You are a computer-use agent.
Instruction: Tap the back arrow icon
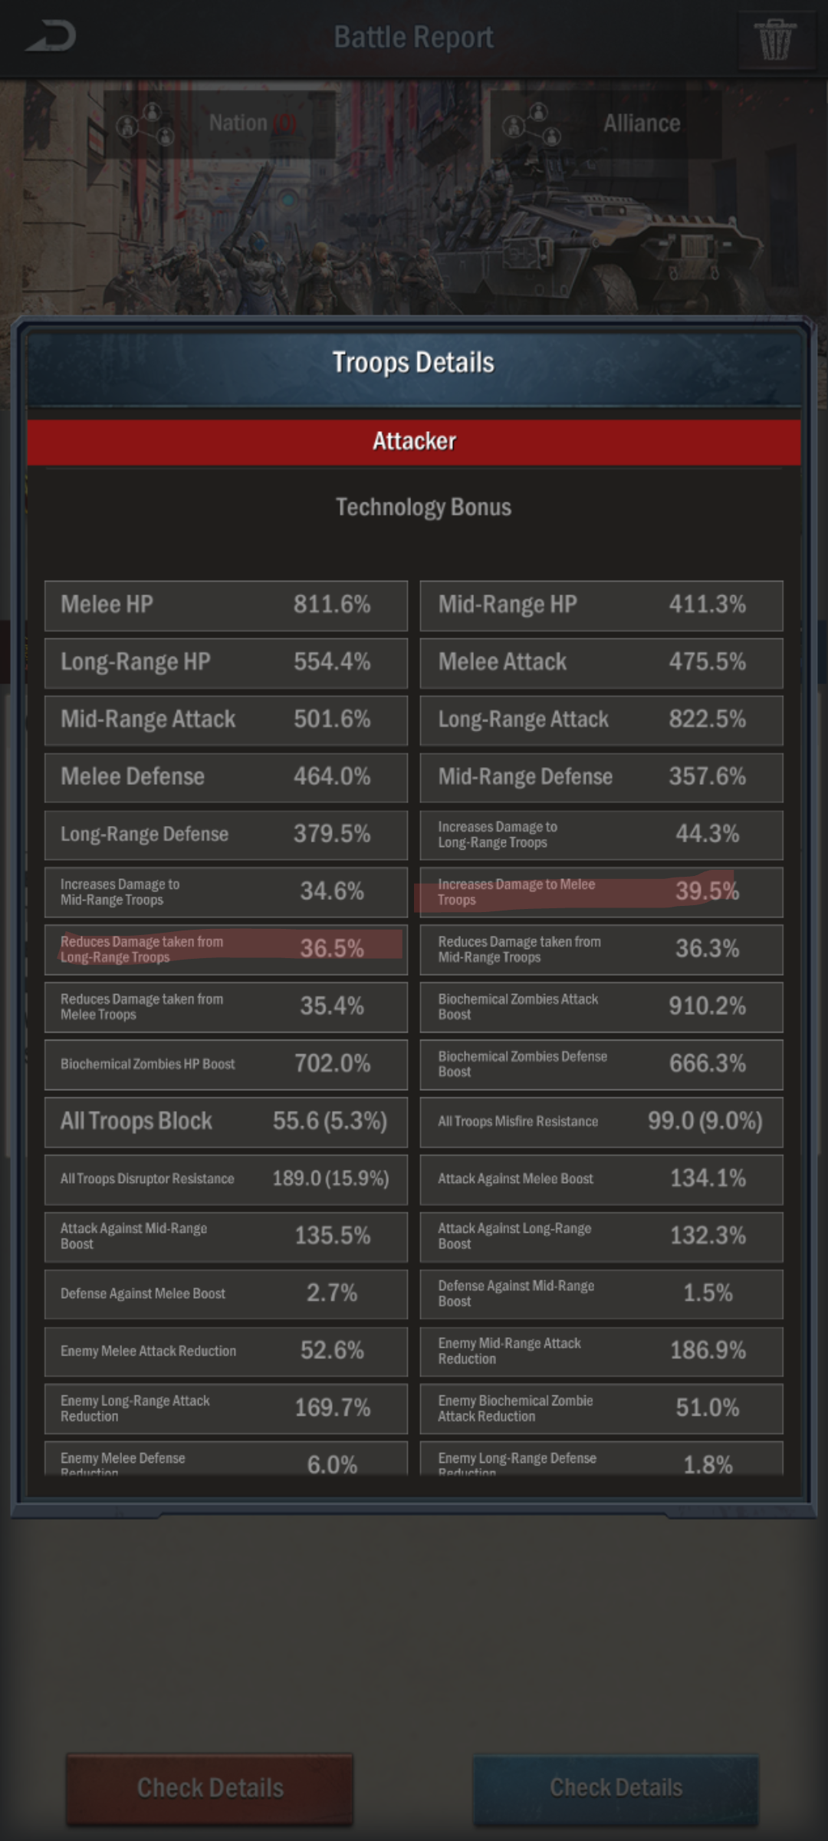[51, 36]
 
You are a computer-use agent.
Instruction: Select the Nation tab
[220, 124]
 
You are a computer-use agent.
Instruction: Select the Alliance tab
[606, 124]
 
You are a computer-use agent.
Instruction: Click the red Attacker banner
[414, 441]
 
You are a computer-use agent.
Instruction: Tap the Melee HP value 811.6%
[332, 604]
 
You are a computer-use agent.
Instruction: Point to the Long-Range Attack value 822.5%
[707, 720]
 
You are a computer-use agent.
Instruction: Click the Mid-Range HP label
[508, 604]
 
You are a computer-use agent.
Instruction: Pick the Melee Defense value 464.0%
[332, 776]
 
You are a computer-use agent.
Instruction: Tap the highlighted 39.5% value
[707, 891]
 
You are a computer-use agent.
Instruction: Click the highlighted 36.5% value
[332, 949]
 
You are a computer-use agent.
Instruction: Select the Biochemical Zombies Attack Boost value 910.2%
[707, 1006]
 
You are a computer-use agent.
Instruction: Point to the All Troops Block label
[136, 1121]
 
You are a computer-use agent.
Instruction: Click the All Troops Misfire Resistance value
[705, 1121]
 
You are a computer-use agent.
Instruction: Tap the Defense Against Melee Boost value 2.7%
[332, 1293]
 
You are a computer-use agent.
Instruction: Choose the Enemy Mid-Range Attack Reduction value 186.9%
[707, 1351]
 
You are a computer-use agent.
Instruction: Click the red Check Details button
[210, 1788]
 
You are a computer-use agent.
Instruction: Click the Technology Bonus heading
[423, 507]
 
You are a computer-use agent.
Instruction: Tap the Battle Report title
[413, 37]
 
